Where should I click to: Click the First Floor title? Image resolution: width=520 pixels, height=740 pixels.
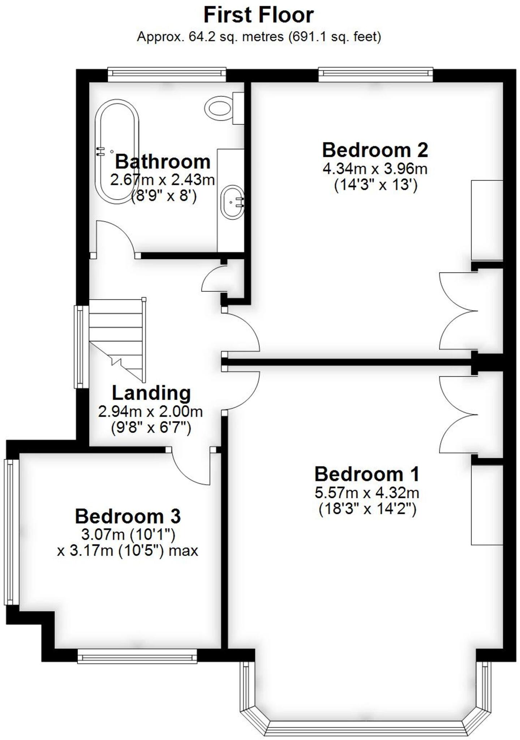259,15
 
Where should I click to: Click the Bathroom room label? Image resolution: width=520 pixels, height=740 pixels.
163,162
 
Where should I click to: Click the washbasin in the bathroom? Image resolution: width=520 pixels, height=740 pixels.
232,202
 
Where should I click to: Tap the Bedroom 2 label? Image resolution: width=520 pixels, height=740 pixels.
375,150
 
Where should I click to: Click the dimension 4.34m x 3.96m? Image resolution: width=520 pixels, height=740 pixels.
375,169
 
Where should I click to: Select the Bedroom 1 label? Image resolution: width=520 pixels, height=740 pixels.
367,474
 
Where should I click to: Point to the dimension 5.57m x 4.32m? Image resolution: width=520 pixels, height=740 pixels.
367,492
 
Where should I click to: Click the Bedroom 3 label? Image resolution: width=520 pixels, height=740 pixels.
128,516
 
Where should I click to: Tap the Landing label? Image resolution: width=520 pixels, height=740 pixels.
151,393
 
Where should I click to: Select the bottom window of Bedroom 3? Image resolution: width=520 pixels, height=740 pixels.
137,656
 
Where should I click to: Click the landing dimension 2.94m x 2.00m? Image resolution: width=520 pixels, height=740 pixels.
150,412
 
